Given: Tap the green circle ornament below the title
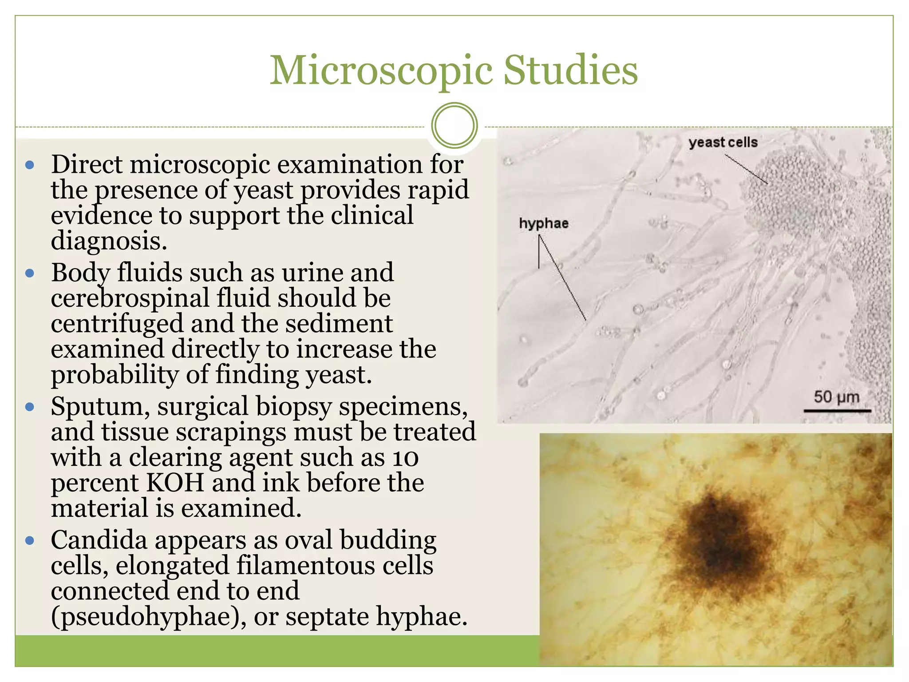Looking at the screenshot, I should tap(454, 125).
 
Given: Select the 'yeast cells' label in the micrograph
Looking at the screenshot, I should tap(723, 143).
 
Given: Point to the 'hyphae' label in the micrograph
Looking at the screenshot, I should tap(544, 223).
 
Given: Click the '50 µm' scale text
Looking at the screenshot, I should tap(836, 397).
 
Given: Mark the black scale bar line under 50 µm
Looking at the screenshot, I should tap(837, 411).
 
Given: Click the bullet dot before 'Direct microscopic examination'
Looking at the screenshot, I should tap(30, 166).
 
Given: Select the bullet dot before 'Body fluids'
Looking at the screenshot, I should tap(30, 273).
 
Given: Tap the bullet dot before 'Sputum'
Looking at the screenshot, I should tap(30, 407).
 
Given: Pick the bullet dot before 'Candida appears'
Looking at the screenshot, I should tap(30, 541).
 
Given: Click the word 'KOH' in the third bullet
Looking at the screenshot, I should tap(175, 483).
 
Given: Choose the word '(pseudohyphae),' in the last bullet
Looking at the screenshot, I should tap(148, 617).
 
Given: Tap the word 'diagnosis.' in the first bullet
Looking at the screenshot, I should tap(109, 242).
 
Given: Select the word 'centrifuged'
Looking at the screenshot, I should tap(117, 324).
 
